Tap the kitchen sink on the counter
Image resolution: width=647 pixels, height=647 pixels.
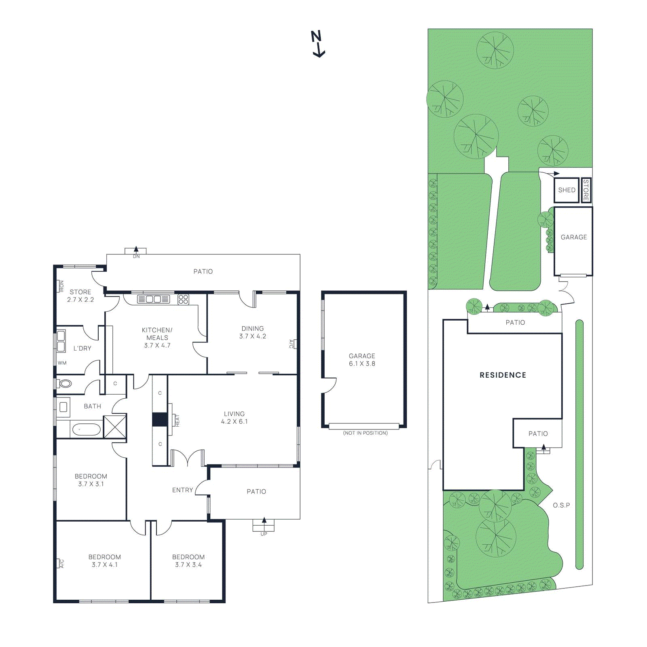coord(153,299)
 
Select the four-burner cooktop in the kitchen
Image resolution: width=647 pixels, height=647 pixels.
coord(183,299)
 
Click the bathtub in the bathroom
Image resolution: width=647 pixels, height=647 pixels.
coord(86,429)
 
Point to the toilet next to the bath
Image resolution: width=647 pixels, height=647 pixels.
coord(65,383)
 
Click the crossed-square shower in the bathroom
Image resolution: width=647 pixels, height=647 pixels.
coord(115,426)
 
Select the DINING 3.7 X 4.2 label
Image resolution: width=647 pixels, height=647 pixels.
coord(252,332)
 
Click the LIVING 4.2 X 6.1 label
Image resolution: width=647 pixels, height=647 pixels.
coord(234,417)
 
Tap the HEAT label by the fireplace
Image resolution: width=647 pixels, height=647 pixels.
coord(177,421)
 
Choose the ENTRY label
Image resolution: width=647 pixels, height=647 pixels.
coord(182,490)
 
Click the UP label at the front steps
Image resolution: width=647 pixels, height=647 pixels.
coord(264,534)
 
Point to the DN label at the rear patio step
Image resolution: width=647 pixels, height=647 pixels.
coord(136,256)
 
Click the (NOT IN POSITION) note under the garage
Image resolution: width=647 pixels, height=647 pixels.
coord(365,433)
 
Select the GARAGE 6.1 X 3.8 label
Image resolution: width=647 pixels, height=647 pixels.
coord(362,359)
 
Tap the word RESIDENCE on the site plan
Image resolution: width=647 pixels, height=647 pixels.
coord(503,375)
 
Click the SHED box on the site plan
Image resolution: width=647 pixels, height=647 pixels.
coord(567,190)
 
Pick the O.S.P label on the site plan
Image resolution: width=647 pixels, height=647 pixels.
coord(561,505)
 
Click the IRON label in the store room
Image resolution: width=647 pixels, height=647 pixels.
coord(61,286)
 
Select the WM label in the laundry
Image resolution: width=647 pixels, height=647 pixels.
coord(62,363)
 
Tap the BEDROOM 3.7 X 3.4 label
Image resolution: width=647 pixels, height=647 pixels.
coord(188,560)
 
